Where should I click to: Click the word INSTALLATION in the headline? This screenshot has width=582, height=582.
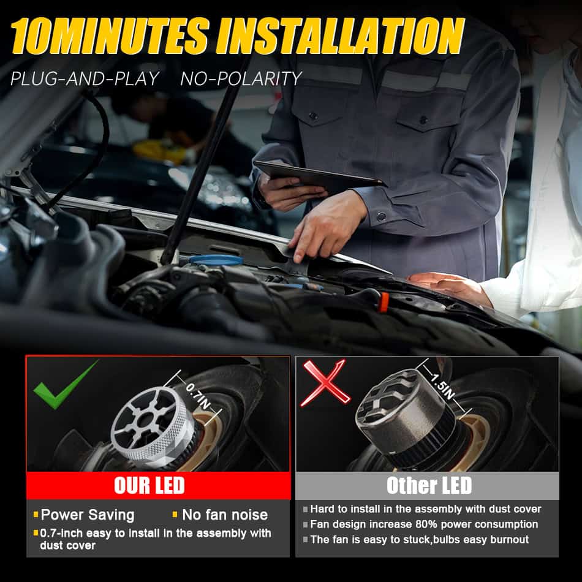click(x=341, y=36)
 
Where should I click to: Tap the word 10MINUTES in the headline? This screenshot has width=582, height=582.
click(x=109, y=36)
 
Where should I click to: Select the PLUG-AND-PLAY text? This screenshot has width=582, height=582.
click(x=85, y=78)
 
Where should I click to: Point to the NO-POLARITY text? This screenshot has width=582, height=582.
click(x=241, y=78)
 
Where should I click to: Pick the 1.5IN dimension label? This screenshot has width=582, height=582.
click(x=442, y=385)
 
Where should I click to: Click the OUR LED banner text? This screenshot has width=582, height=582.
click(x=149, y=485)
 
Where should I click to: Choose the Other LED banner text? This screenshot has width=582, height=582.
click(x=429, y=485)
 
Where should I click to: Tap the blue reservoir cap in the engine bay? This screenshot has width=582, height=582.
click(x=216, y=260)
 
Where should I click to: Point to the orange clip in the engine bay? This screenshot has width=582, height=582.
click(x=383, y=302)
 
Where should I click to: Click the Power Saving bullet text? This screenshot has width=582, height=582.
click(x=88, y=515)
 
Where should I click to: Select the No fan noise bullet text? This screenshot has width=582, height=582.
click(x=225, y=515)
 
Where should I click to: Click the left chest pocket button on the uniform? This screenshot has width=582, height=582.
click(x=314, y=116)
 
